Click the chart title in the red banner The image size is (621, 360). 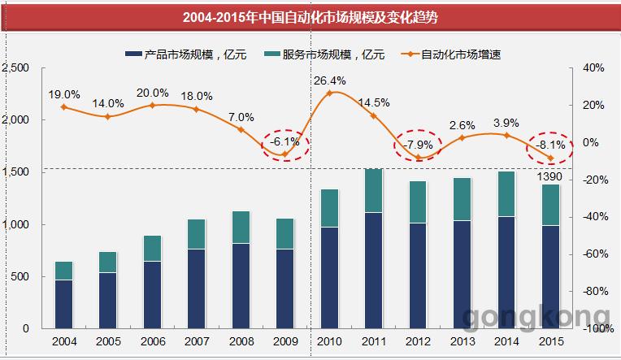310,17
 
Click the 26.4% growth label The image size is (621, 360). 329,80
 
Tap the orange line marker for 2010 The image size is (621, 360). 329,93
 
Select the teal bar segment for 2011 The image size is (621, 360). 373,191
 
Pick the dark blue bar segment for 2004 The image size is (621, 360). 63,304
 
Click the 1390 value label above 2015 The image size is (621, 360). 549,176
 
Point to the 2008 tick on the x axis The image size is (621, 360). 241,341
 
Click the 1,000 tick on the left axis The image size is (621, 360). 15,224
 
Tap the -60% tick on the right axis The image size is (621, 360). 595,254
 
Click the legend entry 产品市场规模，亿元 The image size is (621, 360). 186,54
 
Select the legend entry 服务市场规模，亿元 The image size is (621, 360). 324,54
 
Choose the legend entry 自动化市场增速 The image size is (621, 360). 451,54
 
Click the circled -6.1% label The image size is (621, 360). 284,141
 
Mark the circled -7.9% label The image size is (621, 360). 418,145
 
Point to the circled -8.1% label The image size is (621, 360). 550,145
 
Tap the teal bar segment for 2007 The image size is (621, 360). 197,234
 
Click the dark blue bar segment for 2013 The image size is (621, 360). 462,275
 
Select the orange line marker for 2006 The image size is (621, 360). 153,106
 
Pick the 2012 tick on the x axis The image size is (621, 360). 418,341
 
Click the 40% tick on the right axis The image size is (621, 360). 593,67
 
